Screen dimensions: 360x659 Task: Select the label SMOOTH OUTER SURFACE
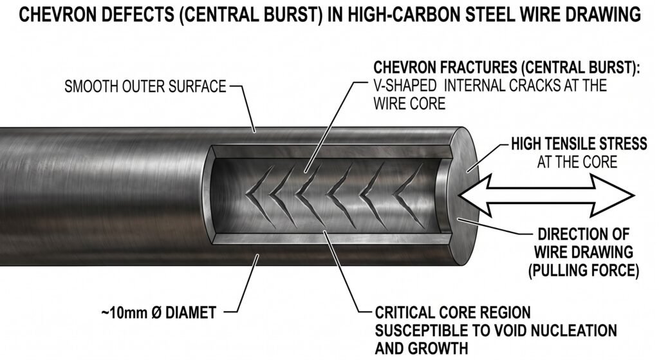(x=145, y=86)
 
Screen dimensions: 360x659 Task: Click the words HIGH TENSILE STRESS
(x=579, y=144)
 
